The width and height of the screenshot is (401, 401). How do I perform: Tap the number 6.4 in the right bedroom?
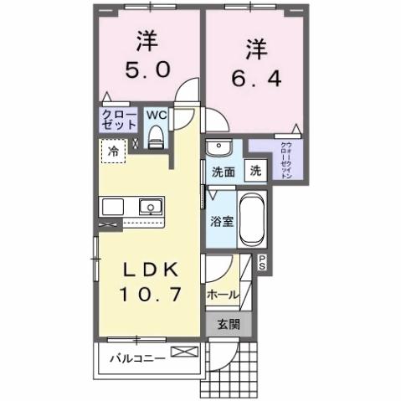point(249,77)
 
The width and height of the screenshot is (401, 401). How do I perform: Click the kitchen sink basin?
point(151,206)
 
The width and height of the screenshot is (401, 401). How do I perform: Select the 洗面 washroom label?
point(222,173)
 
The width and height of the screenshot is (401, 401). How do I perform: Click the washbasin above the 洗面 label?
point(219,148)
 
